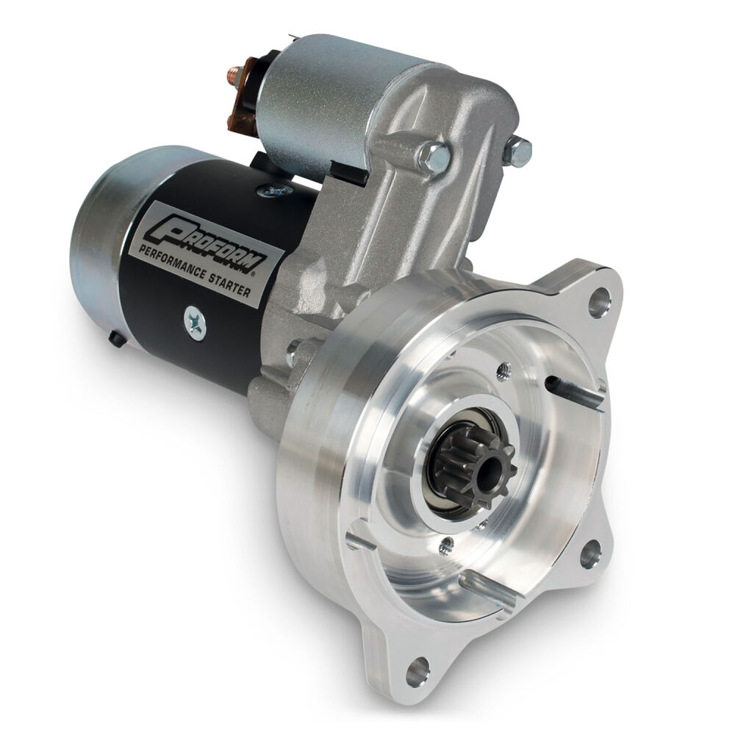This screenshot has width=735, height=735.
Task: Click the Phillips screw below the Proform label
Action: pyautogui.click(x=196, y=323)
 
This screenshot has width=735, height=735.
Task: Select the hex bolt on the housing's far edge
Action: pyautogui.click(x=518, y=150)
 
